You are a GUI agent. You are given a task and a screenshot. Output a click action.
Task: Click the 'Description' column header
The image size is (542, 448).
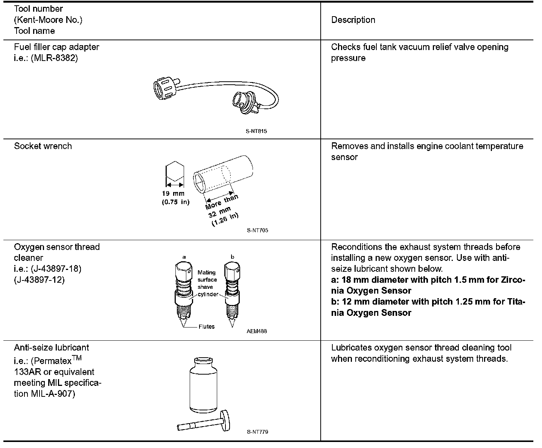pos(353,20)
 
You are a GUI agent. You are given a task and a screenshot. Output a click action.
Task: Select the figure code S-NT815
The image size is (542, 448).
pos(257,131)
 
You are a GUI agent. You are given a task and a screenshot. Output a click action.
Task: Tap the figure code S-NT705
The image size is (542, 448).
pos(257,230)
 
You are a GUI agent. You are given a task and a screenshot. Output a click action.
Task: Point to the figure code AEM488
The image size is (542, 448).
pos(257,331)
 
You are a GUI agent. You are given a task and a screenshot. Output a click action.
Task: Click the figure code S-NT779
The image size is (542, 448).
pos(257,432)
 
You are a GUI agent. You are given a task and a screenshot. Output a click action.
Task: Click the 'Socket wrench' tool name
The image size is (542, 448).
pos(43,146)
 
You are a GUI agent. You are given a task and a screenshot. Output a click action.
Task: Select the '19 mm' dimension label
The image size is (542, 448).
pos(173,194)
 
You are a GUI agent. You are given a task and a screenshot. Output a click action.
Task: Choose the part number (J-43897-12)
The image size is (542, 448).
pos(39,280)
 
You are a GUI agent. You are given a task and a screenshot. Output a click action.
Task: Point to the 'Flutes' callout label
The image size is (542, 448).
pos(206,327)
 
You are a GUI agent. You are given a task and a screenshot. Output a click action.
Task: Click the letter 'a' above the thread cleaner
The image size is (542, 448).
pos(184,257)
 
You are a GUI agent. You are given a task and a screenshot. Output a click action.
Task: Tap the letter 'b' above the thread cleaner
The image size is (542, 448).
pos(232,257)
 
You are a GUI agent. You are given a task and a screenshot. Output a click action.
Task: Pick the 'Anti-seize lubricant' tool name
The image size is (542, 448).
pos(52,347)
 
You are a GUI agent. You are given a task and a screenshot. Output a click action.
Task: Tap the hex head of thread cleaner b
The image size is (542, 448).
pos(232,270)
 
